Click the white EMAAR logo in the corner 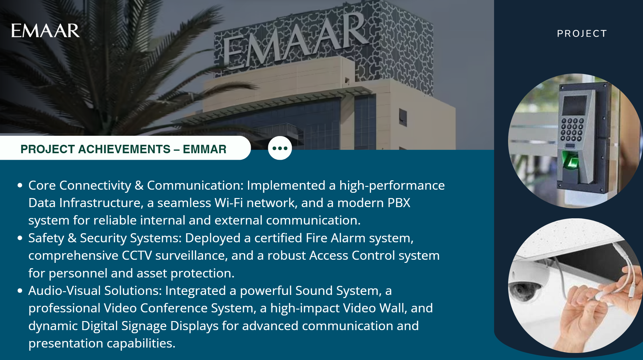45,31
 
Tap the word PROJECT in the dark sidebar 582,34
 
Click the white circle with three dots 280,148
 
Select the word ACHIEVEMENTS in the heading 124,149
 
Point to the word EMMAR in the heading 205,149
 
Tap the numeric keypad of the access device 572,130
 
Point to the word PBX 399,203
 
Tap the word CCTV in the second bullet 137,255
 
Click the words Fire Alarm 336,238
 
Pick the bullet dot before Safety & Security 20,238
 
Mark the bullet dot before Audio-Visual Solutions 20,291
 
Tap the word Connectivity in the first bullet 95,186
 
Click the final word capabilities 141,343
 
